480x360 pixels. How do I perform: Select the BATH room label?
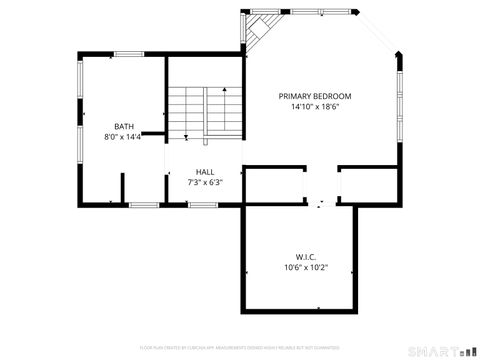pyautogui.click(x=124, y=126)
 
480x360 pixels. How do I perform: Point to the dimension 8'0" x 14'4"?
pyautogui.click(x=124, y=137)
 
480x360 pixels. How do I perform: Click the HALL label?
pyautogui.click(x=205, y=172)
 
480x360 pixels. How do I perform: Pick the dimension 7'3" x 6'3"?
pyautogui.click(x=205, y=183)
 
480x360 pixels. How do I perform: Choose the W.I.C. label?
pyautogui.click(x=306, y=257)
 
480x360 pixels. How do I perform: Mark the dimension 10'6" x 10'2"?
pyautogui.click(x=306, y=268)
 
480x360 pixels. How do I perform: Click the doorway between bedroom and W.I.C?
pyautogui.click(x=319, y=203)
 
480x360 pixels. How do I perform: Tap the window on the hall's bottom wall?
pyautogui.click(x=204, y=204)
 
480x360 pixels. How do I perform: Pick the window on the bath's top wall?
pyautogui.click(x=129, y=53)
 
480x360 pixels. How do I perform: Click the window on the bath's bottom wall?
pyautogui.click(x=144, y=204)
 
